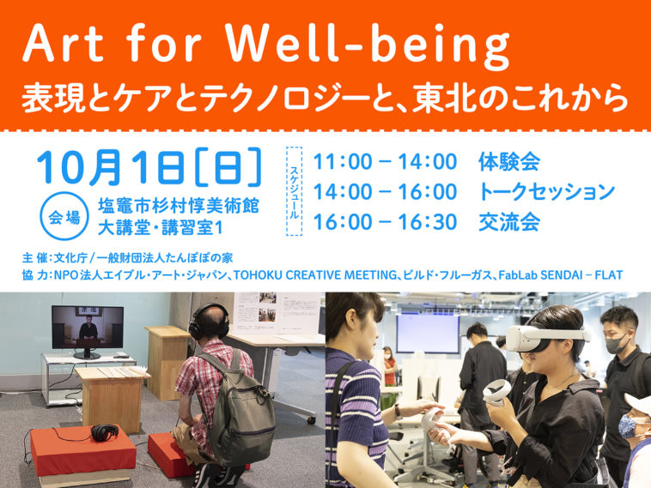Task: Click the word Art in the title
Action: [63, 43]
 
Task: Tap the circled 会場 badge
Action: [64, 216]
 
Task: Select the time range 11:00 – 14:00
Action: [385, 161]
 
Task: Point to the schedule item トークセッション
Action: [546, 191]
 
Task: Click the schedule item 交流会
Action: [509, 222]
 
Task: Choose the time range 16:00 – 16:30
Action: [385, 222]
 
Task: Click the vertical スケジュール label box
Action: [294, 191]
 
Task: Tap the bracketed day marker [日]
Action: [228, 167]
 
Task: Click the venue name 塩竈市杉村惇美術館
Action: [179, 206]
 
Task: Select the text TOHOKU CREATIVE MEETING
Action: [315, 275]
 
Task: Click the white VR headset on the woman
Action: [547, 337]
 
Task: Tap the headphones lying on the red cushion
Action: [105, 432]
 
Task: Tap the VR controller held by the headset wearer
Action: [496, 392]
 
